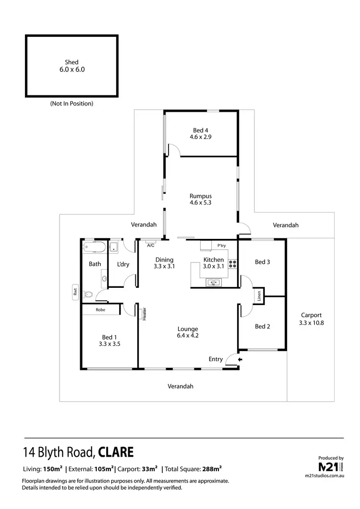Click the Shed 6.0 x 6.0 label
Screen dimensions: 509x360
click(x=72, y=66)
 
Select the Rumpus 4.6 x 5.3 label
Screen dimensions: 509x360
click(x=201, y=199)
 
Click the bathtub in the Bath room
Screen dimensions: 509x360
click(x=94, y=248)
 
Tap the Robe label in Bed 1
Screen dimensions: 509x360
click(x=100, y=310)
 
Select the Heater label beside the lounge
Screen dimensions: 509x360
click(x=144, y=313)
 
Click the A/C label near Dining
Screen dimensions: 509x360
click(x=150, y=246)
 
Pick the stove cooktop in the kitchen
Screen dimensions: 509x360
click(x=233, y=263)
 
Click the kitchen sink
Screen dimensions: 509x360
click(x=213, y=282)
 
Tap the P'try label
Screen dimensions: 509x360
click(x=221, y=246)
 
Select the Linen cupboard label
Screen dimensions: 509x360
click(x=258, y=296)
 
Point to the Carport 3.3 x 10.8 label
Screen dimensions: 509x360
click(x=312, y=319)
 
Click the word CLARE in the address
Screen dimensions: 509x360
click(x=117, y=452)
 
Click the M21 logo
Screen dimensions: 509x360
click(x=331, y=467)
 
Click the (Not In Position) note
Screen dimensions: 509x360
click(x=72, y=103)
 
